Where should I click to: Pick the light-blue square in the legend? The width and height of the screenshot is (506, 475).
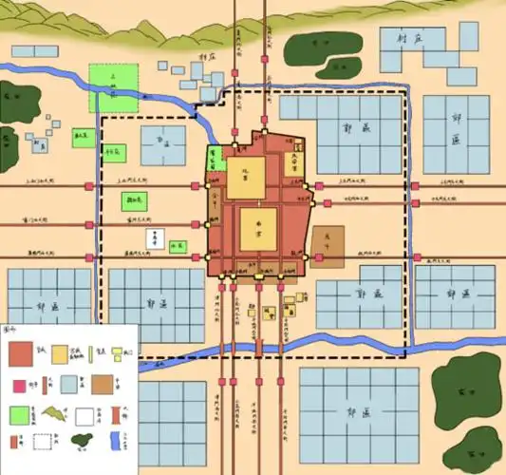pyautogui.click(x=60, y=385)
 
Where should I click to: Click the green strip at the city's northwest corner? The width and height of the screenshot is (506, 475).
pyautogui.click(x=215, y=156)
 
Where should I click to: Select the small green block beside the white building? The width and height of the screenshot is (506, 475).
pyautogui.click(x=176, y=248)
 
